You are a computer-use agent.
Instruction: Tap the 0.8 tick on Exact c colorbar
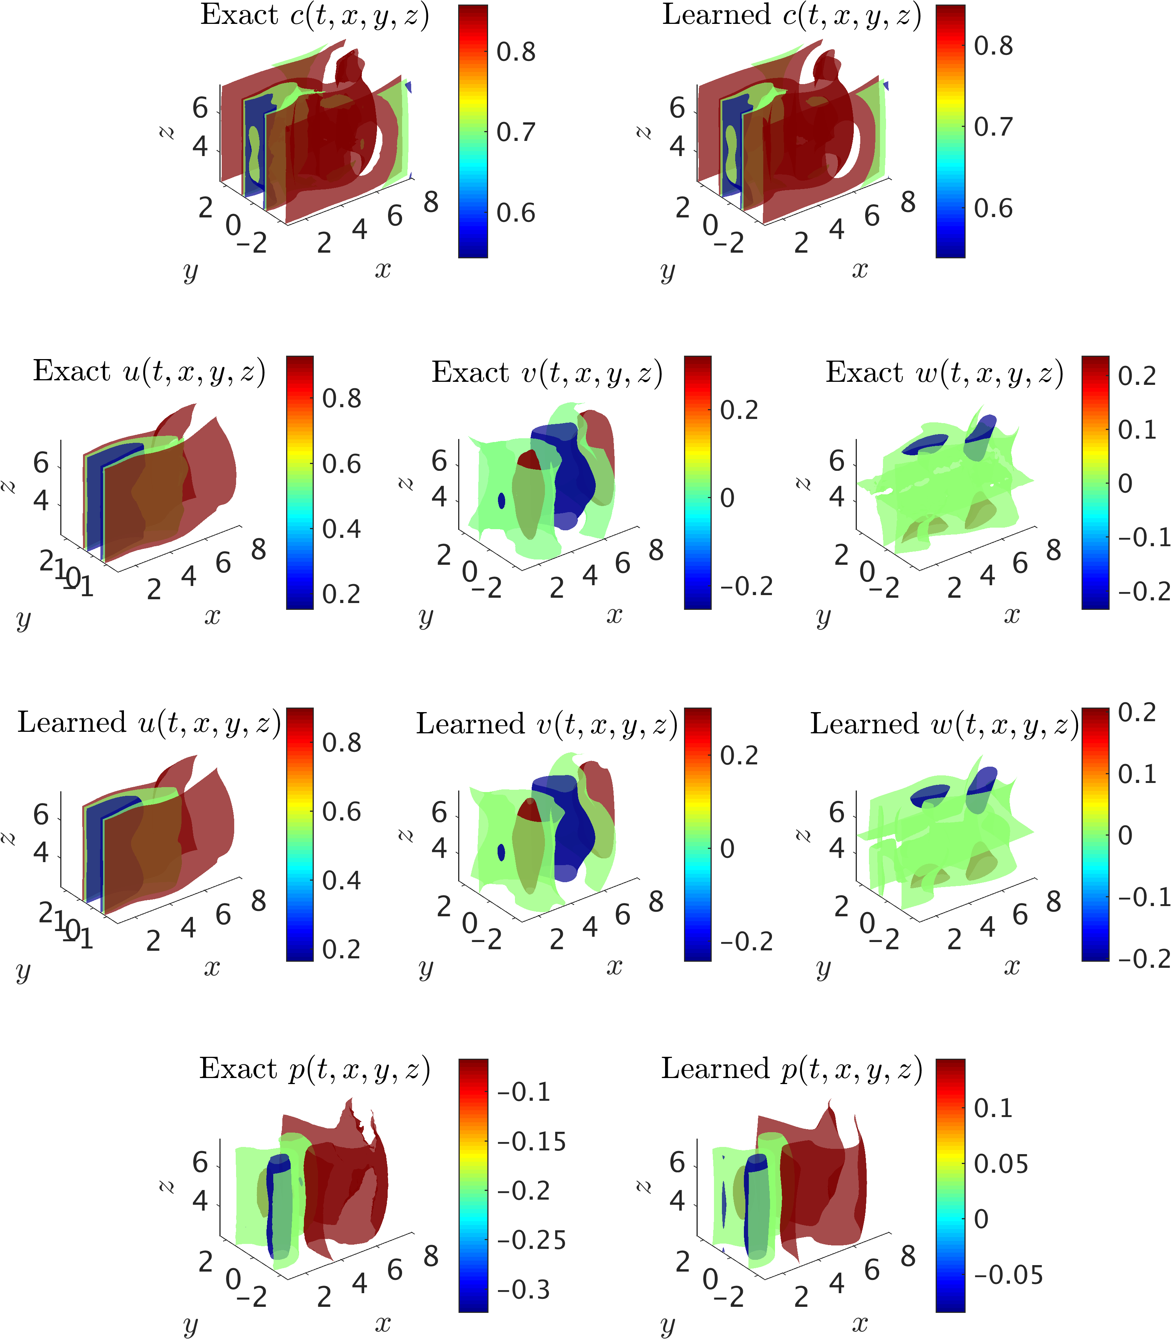point(515,52)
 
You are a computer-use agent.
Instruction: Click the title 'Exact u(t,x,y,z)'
point(149,372)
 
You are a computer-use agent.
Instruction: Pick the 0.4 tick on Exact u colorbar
point(341,530)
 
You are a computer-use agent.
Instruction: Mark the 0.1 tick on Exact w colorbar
point(1137,430)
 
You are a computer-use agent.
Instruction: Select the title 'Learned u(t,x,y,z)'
point(149,723)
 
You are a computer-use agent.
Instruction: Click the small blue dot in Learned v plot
point(501,852)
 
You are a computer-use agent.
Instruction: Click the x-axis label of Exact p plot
point(383,1323)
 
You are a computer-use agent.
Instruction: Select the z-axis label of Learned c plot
point(644,133)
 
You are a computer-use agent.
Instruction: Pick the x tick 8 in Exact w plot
point(1054,551)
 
